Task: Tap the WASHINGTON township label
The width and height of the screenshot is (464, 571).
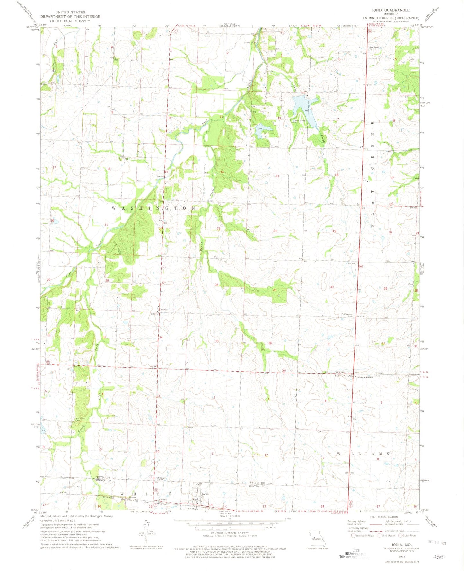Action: [x=153, y=208]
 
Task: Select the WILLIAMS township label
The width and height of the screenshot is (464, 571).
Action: [x=364, y=454]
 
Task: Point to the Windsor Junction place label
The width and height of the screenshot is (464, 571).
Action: [x=364, y=377]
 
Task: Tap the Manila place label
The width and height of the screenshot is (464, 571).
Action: [x=164, y=310]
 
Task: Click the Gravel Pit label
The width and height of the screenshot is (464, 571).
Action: [x=249, y=42]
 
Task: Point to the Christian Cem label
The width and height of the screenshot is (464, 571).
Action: [x=161, y=479]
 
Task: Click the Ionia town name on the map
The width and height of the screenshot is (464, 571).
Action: [x=205, y=494]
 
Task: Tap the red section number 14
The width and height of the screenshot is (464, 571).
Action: [x=222, y=172]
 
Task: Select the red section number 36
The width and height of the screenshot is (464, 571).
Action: [x=270, y=343]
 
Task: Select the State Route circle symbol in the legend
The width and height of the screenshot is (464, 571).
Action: [x=400, y=535]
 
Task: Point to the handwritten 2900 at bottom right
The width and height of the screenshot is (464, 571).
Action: [x=440, y=557]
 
